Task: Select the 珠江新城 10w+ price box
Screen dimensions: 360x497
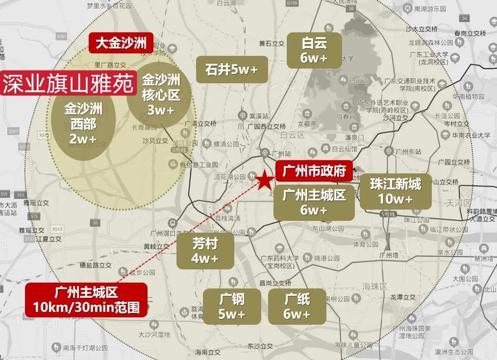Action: click(396, 192)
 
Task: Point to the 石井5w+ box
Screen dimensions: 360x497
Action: click(231, 70)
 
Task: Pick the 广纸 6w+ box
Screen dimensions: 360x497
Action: click(297, 306)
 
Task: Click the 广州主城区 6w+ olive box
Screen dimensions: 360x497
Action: click(314, 203)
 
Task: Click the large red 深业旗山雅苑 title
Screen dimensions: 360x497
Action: click(69, 84)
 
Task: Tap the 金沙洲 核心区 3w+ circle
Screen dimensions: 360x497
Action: click(161, 95)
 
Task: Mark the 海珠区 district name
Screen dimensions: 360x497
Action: click(375, 286)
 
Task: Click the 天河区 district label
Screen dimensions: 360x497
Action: click(460, 203)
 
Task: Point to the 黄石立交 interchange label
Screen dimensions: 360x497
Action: click(272, 44)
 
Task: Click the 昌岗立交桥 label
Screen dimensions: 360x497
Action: click(275, 283)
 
